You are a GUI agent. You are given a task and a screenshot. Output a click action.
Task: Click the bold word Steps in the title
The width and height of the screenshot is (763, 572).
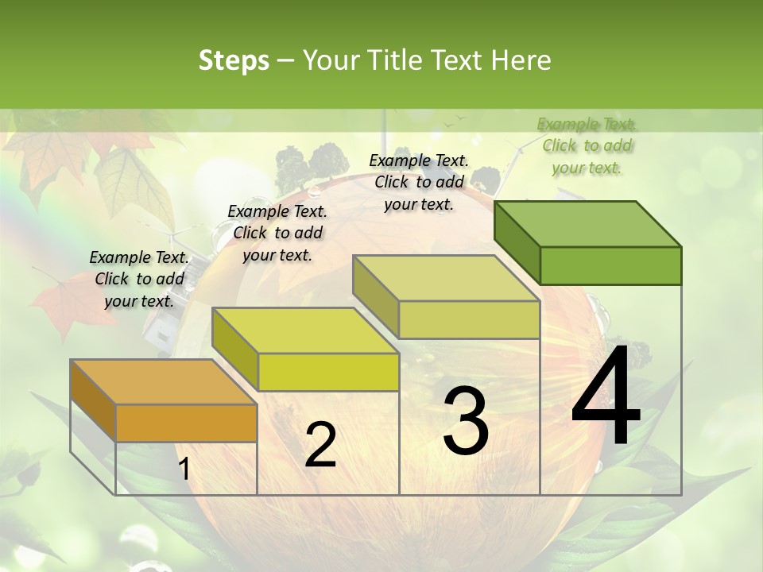pos(234,60)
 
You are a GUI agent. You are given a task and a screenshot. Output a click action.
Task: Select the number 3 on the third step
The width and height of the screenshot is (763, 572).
pos(466,421)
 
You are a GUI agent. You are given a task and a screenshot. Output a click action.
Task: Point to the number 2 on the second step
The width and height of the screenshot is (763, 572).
pos(320,445)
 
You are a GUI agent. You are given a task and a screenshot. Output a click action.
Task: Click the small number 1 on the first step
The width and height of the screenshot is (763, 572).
pos(184,470)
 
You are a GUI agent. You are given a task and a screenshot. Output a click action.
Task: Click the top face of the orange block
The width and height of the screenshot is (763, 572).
pos(163,382)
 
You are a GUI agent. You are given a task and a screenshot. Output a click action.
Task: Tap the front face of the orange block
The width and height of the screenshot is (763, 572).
pos(186,423)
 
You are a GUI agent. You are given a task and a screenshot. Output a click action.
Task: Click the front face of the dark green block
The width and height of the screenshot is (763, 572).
pos(610,265)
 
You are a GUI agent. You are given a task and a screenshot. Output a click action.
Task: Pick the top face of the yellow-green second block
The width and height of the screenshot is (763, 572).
pos(305,330)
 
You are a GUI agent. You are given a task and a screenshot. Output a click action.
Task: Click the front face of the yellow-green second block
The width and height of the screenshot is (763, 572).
pos(328,372)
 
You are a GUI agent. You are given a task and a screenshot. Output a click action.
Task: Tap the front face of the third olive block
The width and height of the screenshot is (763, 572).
pos(469,319)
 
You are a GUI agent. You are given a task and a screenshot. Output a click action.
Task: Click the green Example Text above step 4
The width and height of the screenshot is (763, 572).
pos(587,145)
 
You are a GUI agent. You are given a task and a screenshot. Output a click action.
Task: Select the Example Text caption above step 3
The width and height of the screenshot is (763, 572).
pos(419,182)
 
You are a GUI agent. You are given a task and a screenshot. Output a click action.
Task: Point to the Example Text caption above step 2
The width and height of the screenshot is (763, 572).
pos(277,233)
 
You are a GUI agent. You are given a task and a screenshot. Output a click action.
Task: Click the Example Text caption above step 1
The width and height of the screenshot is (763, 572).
pos(139,279)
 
